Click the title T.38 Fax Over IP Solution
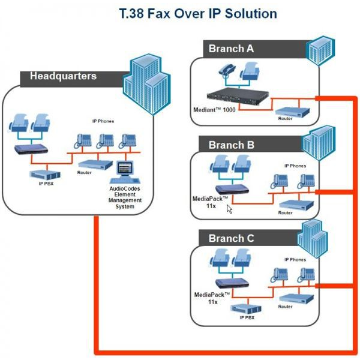pos(198,13)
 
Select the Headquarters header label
pos(63,76)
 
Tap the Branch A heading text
pos(231,49)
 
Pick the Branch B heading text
pos(231,145)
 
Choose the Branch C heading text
pos(231,238)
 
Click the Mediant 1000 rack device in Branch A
pos(238,96)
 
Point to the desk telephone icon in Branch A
pos(227,70)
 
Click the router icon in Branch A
pos(292,112)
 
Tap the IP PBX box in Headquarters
pos(45,175)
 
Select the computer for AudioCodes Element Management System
pos(125,172)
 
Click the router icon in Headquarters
pos(95,164)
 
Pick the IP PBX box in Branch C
pos(246,309)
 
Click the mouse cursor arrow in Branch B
pos(229,209)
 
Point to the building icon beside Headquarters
pos(147,84)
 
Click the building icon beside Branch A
pos(320,50)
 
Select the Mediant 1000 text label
pos(214,110)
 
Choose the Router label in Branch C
pos(285,307)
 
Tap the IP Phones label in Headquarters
pos(103,121)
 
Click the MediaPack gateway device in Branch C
pos(232,283)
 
